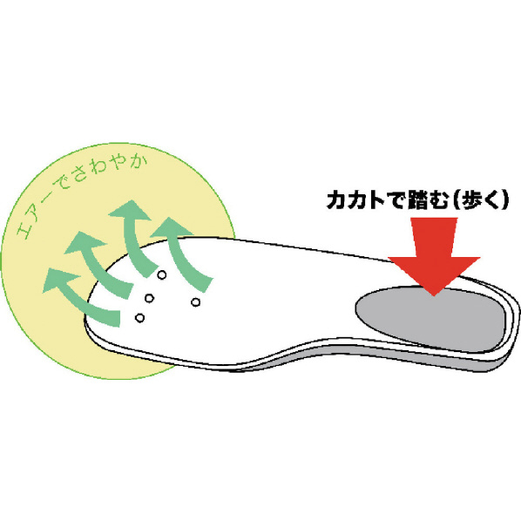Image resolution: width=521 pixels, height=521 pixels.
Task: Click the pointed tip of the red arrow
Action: coord(434,295)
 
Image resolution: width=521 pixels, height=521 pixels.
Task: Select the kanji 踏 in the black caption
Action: coord(417,200)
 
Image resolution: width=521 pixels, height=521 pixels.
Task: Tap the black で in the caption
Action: coord(396,200)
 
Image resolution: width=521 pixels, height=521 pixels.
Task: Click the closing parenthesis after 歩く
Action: coord(504,200)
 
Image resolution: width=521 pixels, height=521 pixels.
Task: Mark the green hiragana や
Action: coord(119,162)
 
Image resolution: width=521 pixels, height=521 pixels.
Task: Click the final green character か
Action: coord(139,162)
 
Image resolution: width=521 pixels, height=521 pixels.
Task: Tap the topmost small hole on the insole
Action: coord(161,274)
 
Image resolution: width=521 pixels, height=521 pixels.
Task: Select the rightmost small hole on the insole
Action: coord(196,302)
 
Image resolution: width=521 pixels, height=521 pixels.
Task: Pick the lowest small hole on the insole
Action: coord(140,318)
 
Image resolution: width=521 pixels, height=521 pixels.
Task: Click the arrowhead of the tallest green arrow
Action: coord(131,210)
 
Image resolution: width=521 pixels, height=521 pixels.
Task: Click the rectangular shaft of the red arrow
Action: coord(434,237)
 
